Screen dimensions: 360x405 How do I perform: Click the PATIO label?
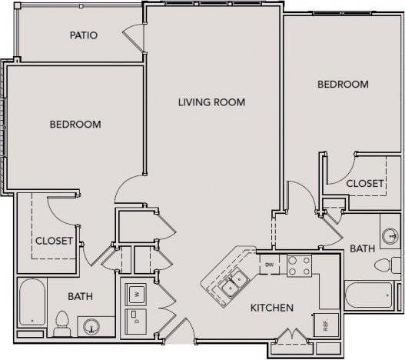pos(83,35)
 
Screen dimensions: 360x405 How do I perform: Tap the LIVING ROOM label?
pos(211,102)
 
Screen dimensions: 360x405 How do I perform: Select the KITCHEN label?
pos(271,308)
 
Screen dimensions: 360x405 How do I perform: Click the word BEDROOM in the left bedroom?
pos(75,124)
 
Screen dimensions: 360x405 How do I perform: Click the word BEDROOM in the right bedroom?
pos(343,84)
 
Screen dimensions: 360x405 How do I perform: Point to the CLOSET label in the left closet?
pos(54,241)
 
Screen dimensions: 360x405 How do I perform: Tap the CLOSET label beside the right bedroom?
pos(365,183)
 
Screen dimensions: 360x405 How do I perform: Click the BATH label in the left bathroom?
pos(80,295)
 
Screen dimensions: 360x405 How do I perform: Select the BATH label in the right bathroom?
pos(362,248)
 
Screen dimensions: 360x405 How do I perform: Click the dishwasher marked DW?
pos(269,265)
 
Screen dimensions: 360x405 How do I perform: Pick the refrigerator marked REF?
pos(325,325)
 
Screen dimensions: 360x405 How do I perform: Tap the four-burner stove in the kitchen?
pos(298,265)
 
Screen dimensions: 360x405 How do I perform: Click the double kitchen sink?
pos(231,283)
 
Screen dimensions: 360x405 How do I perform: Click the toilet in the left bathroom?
pos(62,322)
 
